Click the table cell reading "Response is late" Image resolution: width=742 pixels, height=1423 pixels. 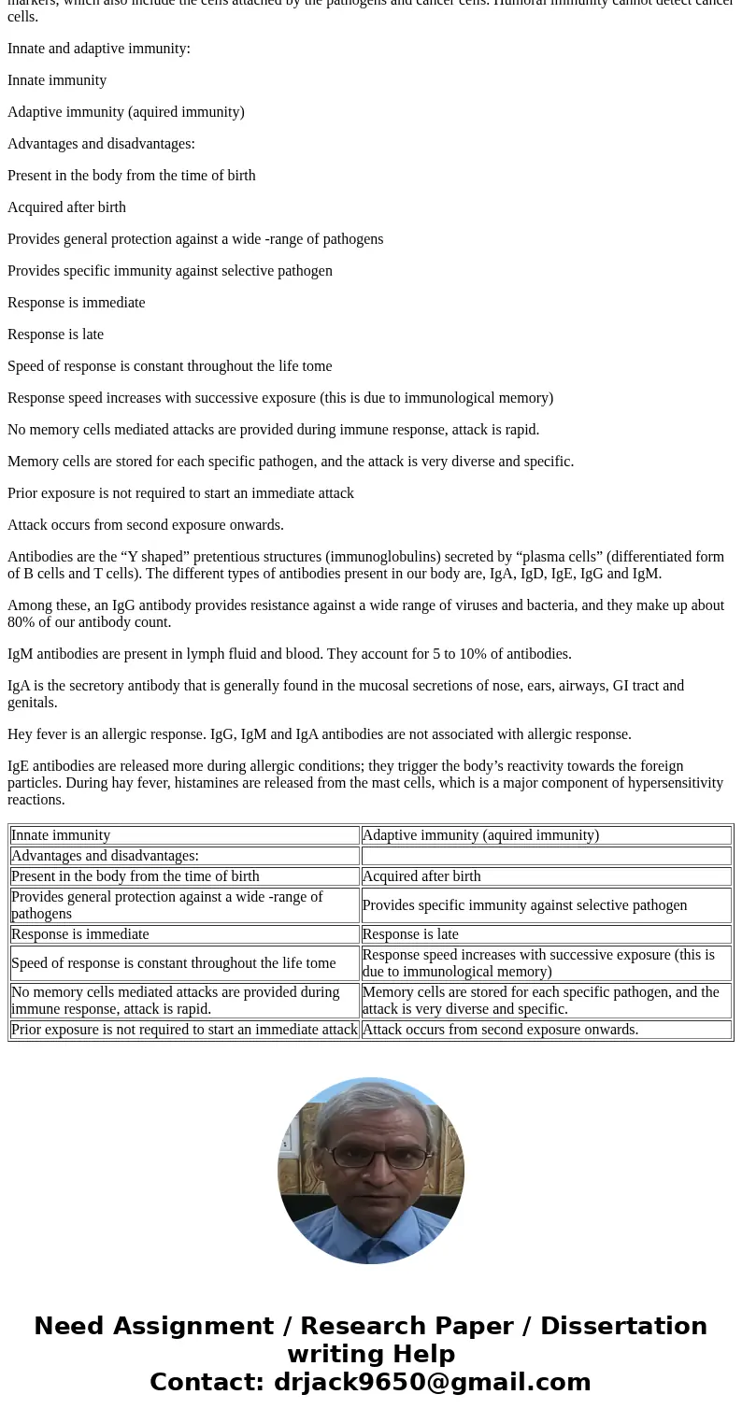pyautogui.click(x=546, y=933)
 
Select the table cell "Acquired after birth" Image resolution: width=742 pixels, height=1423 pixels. pyautogui.click(x=546, y=875)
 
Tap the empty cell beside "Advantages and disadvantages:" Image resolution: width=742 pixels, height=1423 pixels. pyautogui.click(x=546, y=855)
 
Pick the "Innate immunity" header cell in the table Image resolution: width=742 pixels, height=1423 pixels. pyautogui.click(x=184, y=834)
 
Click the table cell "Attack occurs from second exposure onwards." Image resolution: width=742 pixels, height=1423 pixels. pyautogui.click(x=546, y=1029)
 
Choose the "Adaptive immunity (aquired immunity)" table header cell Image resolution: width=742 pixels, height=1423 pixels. pyautogui.click(x=546, y=834)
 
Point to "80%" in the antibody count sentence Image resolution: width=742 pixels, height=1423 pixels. pyautogui.click(x=23, y=621)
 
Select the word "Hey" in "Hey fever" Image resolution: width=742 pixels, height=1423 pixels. pyautogui.click(x=21, y=733)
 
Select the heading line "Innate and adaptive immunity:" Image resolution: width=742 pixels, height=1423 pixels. pyautogui.click(x=99, y=48)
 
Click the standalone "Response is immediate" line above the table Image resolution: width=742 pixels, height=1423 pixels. pyautogui.click(x=77, y=302)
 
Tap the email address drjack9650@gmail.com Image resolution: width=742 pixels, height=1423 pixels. pyautogui.click(x=432, y=1382)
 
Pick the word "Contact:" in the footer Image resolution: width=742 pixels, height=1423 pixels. pyautogui.click(x=207, y=1382)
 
